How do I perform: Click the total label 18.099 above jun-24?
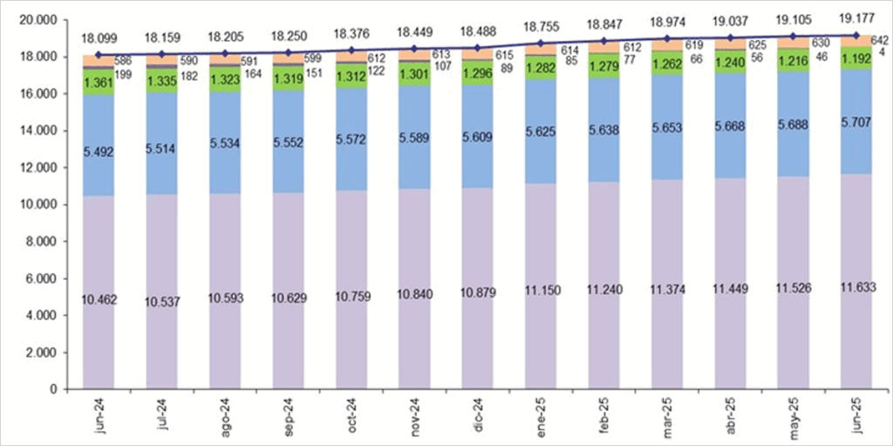(99, 38)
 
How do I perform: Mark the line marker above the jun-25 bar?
(856, 36)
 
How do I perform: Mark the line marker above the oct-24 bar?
(352, 51)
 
